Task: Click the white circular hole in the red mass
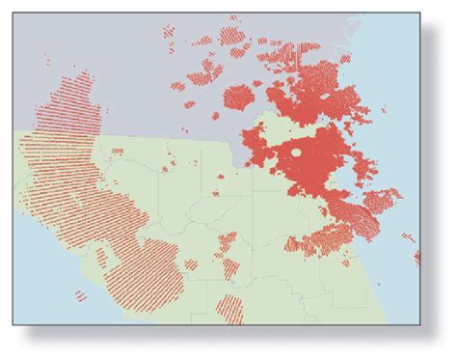296,152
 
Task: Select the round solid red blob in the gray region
237,97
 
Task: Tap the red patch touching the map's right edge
417,258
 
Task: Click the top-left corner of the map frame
13,14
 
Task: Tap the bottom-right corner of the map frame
419,323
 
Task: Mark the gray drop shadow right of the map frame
426,174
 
